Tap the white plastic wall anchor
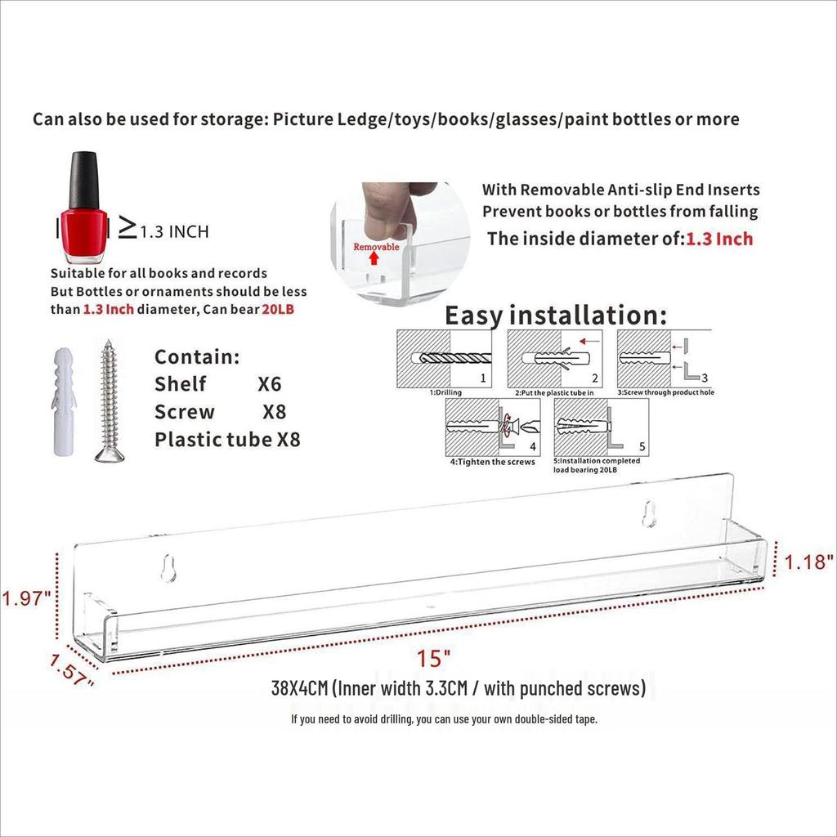click(64, 401)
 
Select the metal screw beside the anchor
click(110, 401)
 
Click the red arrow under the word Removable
click(374, 258)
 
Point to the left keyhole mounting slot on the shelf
click(168, 568)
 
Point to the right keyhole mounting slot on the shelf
click(648, 513)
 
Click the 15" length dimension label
click(433, 658)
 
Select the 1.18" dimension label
click(808, 562)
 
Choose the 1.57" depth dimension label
click(72, 671)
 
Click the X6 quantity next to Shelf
click(269, 384)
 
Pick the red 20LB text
click(278, 309)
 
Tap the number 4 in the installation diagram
click(533, 447)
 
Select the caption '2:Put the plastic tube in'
click(554, 393)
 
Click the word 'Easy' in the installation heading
click(474, 316)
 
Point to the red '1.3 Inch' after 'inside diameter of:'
click(719, 239)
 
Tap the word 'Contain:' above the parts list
click(197, 356)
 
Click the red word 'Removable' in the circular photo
click(376, 247)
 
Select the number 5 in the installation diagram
click(642, 446)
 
